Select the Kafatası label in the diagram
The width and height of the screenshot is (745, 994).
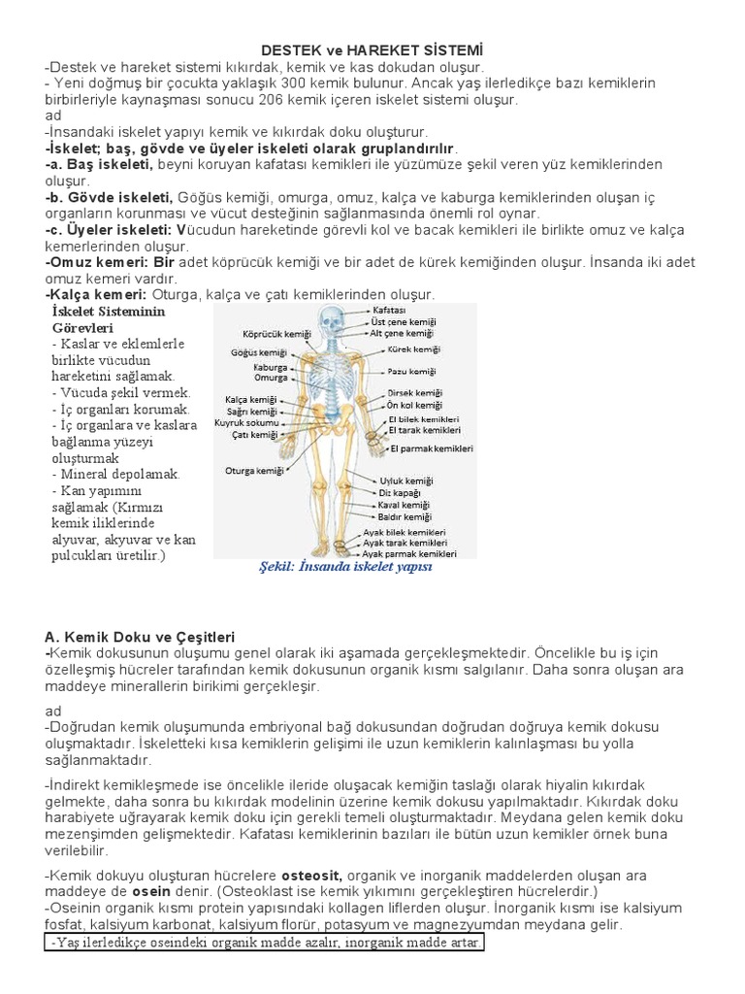click(x=389, y=308)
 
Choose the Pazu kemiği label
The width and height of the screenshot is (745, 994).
click(x=411, y=372)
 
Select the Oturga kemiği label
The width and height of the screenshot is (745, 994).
click(x=254, y=471)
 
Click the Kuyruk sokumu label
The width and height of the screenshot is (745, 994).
click(x=247, y=423)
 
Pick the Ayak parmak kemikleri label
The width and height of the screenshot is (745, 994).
click(x=409, y=554)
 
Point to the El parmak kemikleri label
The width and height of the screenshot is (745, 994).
click(x=432, y=448)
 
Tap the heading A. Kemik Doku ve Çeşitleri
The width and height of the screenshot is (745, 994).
click(x=141, y=637)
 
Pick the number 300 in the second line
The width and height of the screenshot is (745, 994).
click(x=293, y=83)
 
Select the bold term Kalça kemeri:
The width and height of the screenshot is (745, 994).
click(x=95, y=293)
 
